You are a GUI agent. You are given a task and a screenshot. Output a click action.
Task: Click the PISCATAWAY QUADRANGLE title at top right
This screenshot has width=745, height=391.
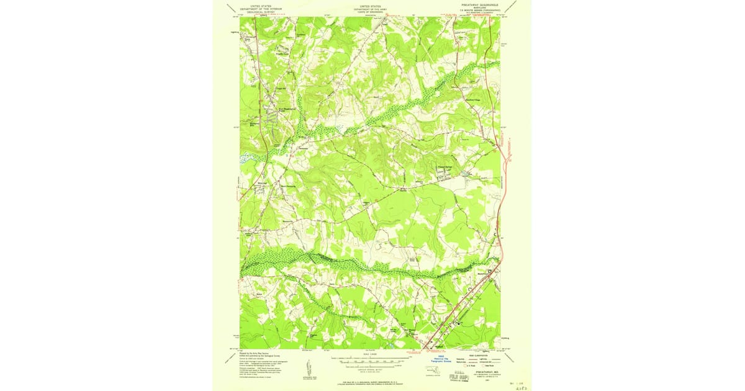480,4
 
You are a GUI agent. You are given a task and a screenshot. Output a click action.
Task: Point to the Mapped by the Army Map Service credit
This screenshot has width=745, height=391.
256,352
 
